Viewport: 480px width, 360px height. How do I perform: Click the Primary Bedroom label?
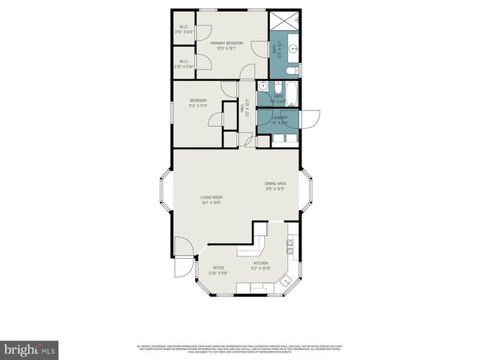pos(226,43)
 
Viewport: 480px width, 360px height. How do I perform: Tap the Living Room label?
pos(211,197)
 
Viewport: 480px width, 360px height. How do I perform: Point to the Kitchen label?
pos(261,263)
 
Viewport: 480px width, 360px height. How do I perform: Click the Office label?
pos(218,268)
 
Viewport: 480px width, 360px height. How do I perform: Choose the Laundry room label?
pos(280,117)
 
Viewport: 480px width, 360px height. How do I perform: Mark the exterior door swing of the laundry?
pos(310,118)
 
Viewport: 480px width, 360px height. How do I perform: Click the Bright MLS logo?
pos(29,349)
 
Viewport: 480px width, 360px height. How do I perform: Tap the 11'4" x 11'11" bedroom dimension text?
pos(198,106)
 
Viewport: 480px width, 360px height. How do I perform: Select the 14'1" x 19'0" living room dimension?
pos(211,202)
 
